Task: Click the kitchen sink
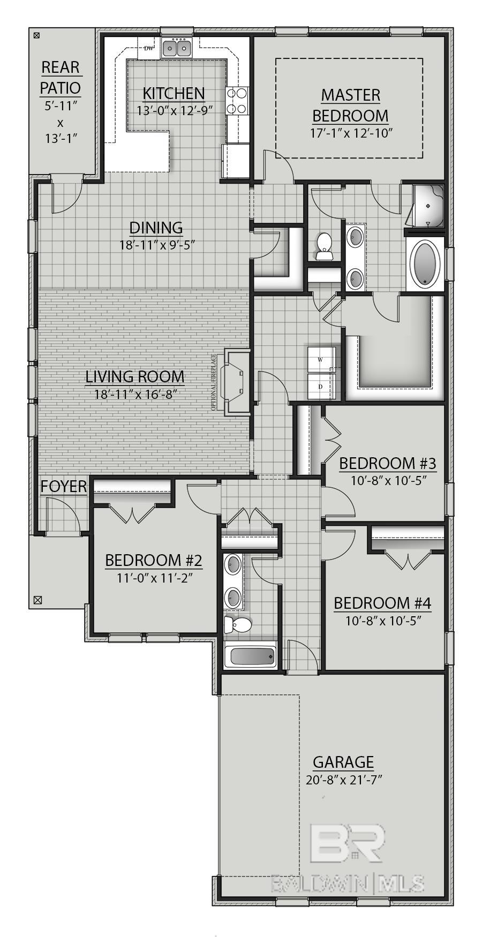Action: [x=177, y=49]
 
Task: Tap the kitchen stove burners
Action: [x=237, y=101]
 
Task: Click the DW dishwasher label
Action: [x=149, y=48]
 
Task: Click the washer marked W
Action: [x=321, y=359]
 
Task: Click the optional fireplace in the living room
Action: [x=236, y=381]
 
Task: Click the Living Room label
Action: [x=135, y=376]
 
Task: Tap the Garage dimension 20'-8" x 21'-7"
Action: [x=343, y=780]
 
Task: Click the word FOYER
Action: [x=64, y=487]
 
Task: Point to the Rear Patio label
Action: [x=61, y=77]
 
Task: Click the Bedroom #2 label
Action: [x=154, y=561]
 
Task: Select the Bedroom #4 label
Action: [x=382, y=603]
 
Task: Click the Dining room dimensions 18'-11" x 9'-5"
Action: [x=156, y=245]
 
